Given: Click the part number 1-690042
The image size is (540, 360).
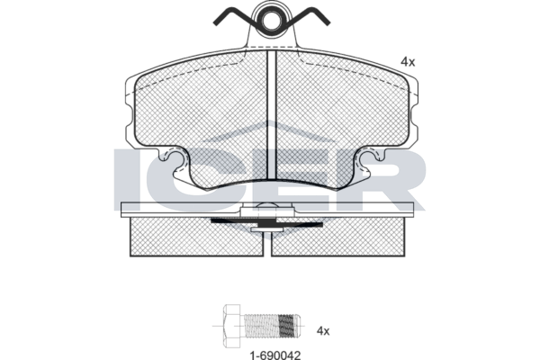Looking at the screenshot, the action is coord(275,355).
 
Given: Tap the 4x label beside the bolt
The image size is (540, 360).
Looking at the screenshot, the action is coord(323,331).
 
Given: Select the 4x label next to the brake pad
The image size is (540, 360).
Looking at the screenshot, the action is coord(408,62).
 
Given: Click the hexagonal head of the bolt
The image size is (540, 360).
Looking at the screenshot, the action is coord(232,326).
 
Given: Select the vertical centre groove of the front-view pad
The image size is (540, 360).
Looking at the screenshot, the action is coord(272,114).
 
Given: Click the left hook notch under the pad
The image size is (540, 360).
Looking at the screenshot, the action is coord(174,161).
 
